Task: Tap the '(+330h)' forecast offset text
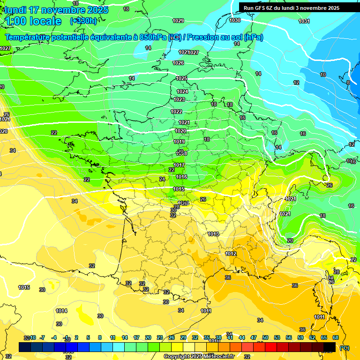point(83,21)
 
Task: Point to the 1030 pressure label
point(235,20)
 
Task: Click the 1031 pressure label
point(304,21)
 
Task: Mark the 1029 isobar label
point(178,21)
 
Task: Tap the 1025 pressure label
point(181,78)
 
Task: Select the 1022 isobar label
point(177,112)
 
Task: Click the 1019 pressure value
point(179,142)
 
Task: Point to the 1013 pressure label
point(213,234)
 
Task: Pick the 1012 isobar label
point(231,254)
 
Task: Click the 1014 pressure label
point(61,311)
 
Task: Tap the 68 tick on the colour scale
point(336,337)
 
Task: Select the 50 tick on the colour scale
point(265,337)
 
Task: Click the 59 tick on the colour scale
point(300,337)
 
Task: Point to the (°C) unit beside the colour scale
point(344,347)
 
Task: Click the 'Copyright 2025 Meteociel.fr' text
point(199,356)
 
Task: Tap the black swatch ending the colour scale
point(330,347)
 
